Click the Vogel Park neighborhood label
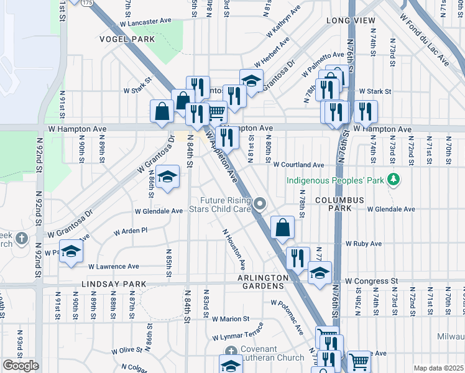pos(126,39)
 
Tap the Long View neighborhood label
pos(351,21)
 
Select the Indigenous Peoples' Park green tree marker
pos(393,180)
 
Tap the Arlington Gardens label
pos(262,277)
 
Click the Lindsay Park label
pos(114,284)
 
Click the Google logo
pos(20,366)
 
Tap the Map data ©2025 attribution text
pos(438,368)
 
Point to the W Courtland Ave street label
pos(298,165)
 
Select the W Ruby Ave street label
pos(364,244)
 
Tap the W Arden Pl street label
pos(130,231)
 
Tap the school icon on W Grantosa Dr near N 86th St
pos(167,177)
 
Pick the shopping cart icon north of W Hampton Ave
pos(216,112)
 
